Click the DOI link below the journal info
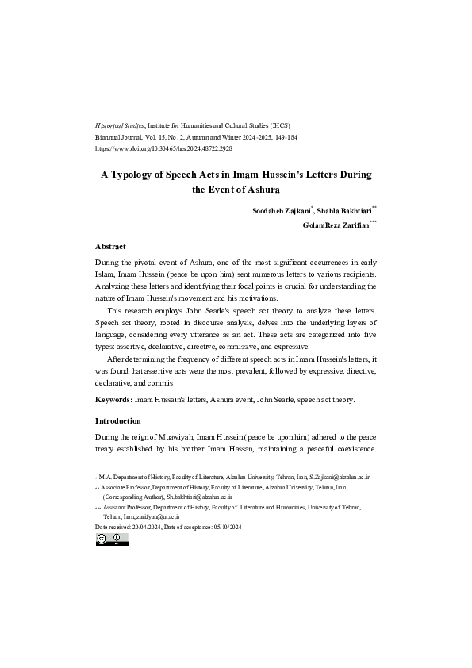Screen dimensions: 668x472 click(163, 148)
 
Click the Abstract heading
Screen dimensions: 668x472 click(110, 246)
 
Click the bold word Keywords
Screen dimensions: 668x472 click(113, 400)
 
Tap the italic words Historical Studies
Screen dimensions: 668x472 click(115, 126)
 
